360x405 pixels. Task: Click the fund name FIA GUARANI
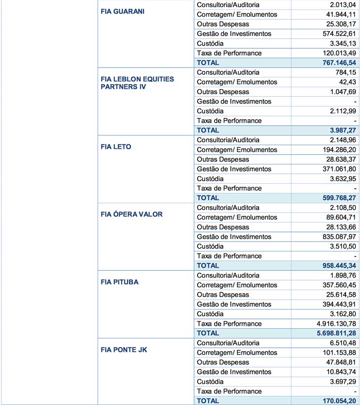click(122, 11)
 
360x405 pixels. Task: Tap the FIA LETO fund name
click(116, 146)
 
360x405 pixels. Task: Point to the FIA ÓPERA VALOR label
click(132, 214)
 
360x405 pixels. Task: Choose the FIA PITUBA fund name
click(120, 282)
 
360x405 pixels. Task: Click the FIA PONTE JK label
click(124, 350)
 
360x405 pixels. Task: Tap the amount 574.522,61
click(336, 34)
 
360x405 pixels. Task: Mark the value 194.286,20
click(336, 150)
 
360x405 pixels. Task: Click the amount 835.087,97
click(336, 237)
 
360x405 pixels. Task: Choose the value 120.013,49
click(336, 53)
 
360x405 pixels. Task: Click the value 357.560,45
click(336, 285)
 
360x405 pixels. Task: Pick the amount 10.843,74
click(338, 372)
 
